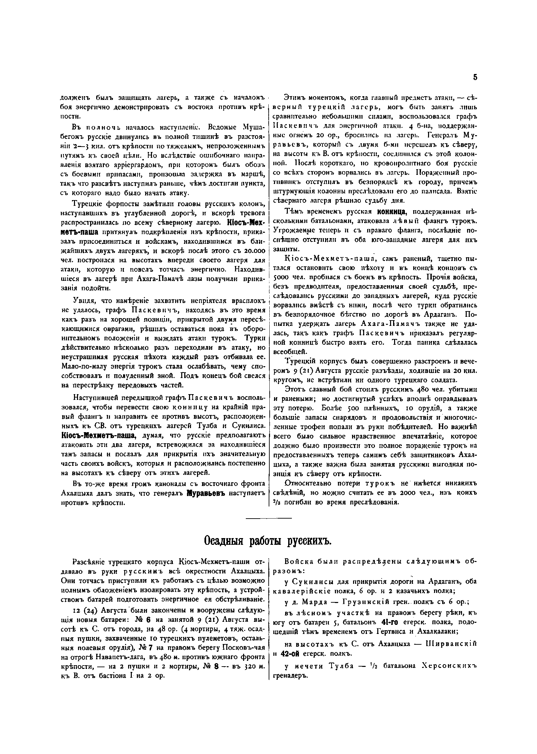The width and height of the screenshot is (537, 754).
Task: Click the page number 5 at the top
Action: [475, 78]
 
